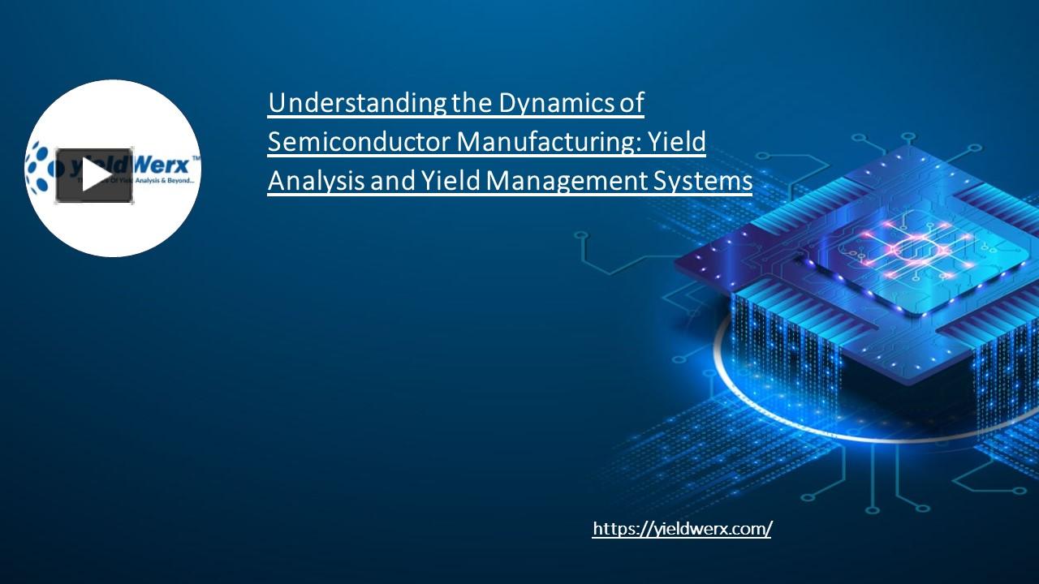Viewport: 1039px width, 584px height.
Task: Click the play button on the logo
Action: [94, 175]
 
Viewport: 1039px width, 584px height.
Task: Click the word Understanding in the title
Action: [356, 103]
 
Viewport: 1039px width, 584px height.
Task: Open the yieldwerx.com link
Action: [682, 529]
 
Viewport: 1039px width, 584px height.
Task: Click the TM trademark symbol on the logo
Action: [194, 158]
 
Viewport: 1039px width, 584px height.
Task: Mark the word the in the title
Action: [472, 103]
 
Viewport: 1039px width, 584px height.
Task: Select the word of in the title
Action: [631, 103]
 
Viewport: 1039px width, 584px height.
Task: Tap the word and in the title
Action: [392, 181]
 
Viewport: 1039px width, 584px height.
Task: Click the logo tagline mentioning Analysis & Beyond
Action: [162, 181]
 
